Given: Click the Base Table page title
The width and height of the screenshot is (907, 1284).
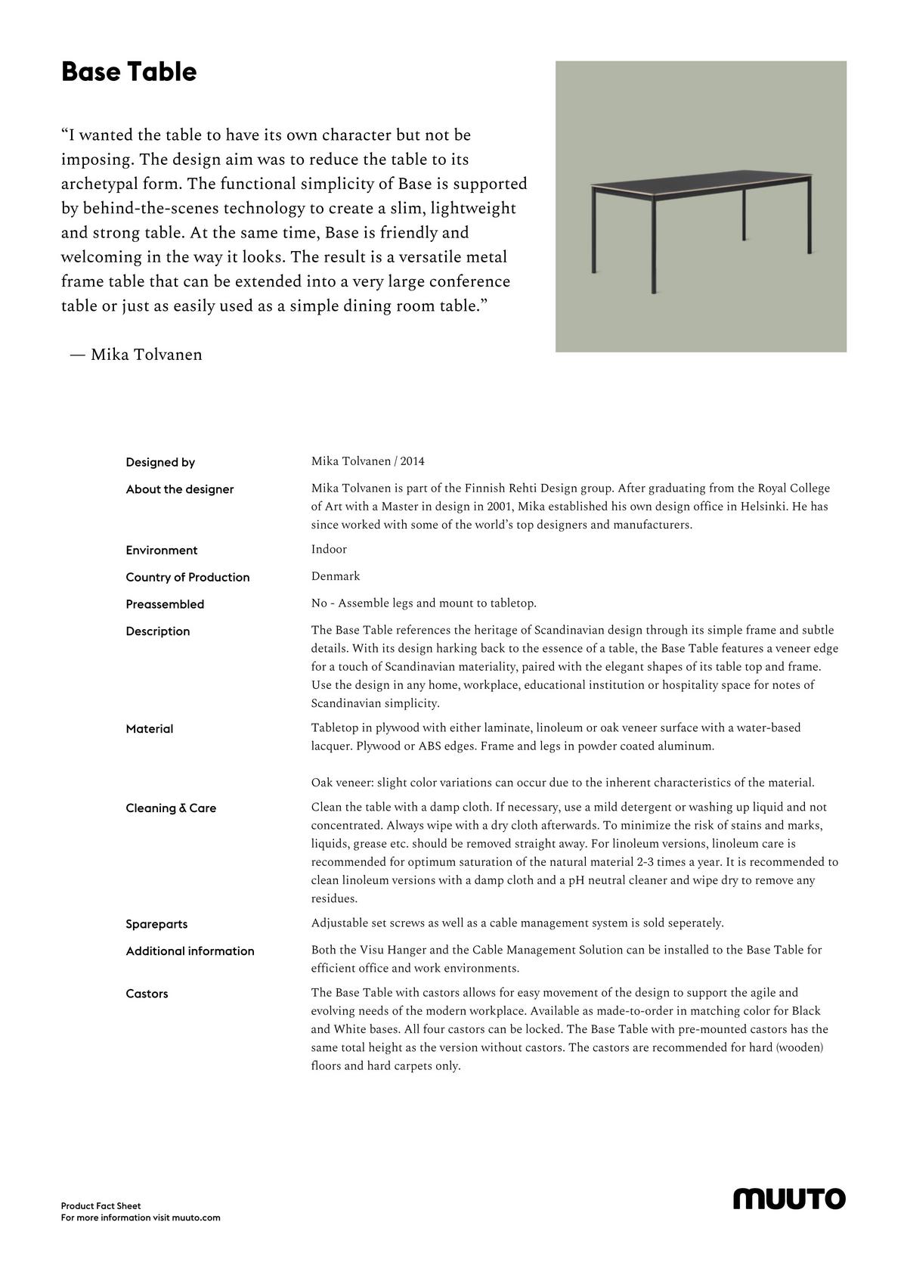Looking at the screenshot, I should pyautogui.click(x=128, y=72).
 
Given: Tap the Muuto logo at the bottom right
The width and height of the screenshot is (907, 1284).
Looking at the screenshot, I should pyautogui.click(x=789, y=1199).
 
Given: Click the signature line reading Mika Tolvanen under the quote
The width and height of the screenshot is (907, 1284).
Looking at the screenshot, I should pyautogui.click(x=136, y=355).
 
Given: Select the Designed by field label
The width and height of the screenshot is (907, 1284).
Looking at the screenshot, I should pyautogui.click(x=160, y=462).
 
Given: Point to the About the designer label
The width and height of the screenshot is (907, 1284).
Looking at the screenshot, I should pyautogui.click(x=180, y=489).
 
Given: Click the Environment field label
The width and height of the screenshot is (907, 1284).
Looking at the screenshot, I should pyautogui.click(x=162, y=551).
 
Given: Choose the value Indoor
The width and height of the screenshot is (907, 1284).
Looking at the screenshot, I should pyautogui.click(x=329, y=549).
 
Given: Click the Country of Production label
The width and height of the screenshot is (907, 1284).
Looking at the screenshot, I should pyautogui.click(x=187, y=577).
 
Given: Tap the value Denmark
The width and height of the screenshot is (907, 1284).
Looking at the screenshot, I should pyautogui.click(x=336, y=576).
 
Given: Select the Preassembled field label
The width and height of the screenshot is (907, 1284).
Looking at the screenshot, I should pyautogui.click(x=165, y=604).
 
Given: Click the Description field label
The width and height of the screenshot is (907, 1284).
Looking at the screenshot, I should pyautogui.click(x=158, y=631).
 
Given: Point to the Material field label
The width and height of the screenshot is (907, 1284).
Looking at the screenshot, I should pyautogui.click(x=150, y=729).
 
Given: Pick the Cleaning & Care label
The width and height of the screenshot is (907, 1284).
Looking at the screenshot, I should pyautogui.click(x=171, y=808).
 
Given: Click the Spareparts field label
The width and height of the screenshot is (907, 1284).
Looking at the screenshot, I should pyautogui.click(x=156, y=924).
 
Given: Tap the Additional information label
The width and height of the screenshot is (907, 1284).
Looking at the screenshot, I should pyautogui.click(x=190, y=951).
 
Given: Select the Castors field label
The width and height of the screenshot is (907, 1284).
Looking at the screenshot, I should pyautogui.click(x=147, y=994).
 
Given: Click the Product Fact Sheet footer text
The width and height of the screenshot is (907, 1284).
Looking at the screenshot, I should pyautogui.click(x=101, y=1206).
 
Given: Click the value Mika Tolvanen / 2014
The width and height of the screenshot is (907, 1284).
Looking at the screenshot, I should pyautogui.click(x=368, y=461).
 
